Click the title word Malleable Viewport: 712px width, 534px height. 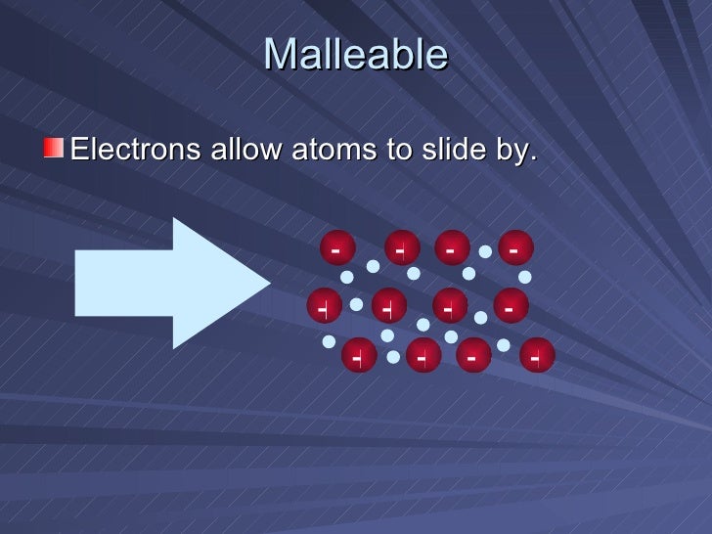355,55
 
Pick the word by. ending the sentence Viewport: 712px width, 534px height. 516,153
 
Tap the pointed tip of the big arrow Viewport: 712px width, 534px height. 267,284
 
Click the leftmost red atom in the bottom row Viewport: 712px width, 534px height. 359,356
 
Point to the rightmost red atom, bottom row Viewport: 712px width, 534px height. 537,356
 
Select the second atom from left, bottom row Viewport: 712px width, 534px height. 423,356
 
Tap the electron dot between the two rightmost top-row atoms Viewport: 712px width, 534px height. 484,252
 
